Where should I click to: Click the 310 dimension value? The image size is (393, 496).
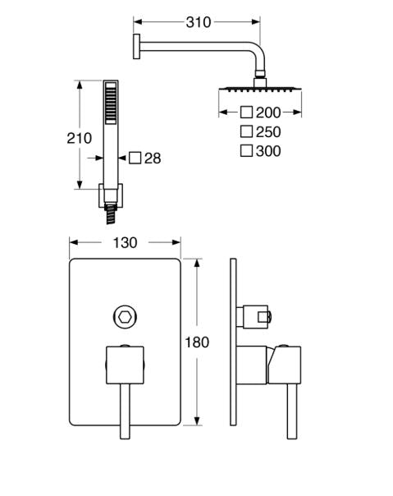point(199,22)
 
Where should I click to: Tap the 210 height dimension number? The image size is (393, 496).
point(79,138)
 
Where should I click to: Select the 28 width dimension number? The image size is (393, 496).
point(153,158)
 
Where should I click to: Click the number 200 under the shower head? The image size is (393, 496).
point(268,113)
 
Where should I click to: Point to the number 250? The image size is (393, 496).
point(268,132)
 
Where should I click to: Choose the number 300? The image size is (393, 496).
point(268,151)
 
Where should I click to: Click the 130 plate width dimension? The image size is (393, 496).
point(125,242)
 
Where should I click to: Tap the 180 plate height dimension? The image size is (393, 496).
point(197,342)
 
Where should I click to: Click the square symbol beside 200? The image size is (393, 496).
point(246,113)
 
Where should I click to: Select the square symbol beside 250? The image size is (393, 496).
point(246,131)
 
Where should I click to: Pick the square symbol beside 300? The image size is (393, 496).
point(246,150)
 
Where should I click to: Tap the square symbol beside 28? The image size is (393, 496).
point(135,158)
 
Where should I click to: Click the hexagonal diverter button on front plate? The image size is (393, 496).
point(125,317)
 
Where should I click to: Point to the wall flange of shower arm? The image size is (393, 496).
point(136,46)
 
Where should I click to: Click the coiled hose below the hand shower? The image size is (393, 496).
point(110,214)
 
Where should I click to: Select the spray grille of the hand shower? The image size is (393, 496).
point(111,103)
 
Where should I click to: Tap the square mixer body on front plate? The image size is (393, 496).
point(125,365)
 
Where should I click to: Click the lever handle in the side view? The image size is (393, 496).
point(292,411)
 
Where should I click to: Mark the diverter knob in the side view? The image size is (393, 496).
point(257,317)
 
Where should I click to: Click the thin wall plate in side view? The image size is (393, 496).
point(233,342)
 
